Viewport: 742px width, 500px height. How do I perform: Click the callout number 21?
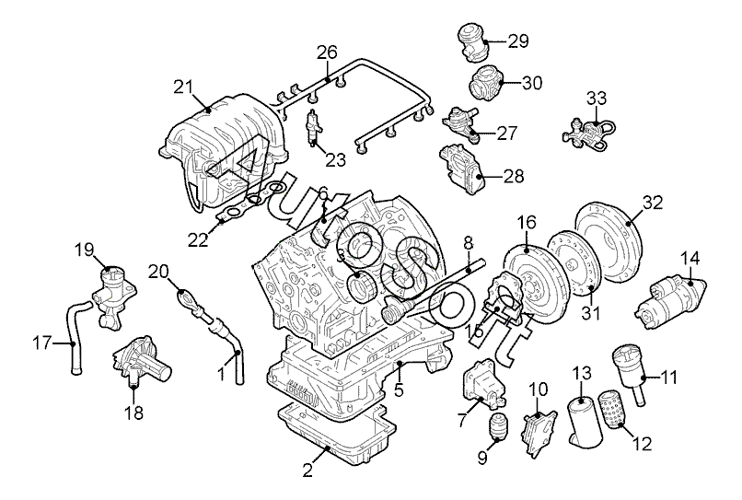pos(183,87)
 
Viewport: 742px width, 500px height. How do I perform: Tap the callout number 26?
pos(327,52)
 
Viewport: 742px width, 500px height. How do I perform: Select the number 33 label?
pos(597,99)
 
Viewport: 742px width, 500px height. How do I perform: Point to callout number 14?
pos(690,259)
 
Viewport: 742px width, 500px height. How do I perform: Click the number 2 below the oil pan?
pos(307,471)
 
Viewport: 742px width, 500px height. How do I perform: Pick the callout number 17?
pos(42,343)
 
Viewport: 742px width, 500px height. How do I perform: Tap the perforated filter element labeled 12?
pos(612,409)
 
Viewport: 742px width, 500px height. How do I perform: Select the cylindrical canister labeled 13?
pos(585,420)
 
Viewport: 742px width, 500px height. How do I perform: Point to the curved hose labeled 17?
pos(75,339)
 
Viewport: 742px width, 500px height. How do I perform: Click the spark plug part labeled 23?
pos(313,127)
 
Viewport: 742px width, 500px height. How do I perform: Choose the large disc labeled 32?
pos(608,243)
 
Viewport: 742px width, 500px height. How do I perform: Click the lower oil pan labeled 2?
pos(336,434)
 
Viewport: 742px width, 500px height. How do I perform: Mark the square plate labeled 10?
pos(539,433)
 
